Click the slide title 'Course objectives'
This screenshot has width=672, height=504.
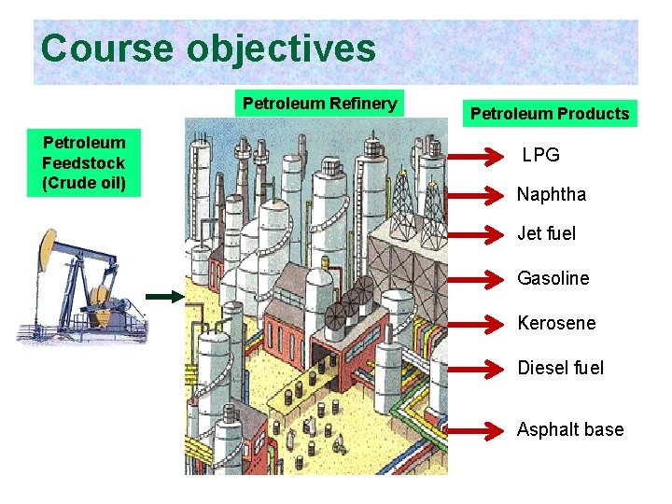(208, 49)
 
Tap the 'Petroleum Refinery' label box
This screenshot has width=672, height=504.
(319, 103)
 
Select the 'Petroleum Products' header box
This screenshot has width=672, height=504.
(550, 114)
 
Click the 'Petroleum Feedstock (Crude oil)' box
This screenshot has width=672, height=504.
(84, 162)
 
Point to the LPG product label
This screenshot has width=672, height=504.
(541, 155)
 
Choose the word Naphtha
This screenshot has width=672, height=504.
(552, 194)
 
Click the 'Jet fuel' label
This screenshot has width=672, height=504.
(547, 233)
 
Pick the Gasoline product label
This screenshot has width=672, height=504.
(553, 278)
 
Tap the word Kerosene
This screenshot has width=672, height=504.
(556, 323)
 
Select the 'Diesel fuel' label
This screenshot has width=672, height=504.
(561, 368)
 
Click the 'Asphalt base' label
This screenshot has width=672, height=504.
(570, 429)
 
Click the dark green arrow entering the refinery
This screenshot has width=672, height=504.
(165, 297)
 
